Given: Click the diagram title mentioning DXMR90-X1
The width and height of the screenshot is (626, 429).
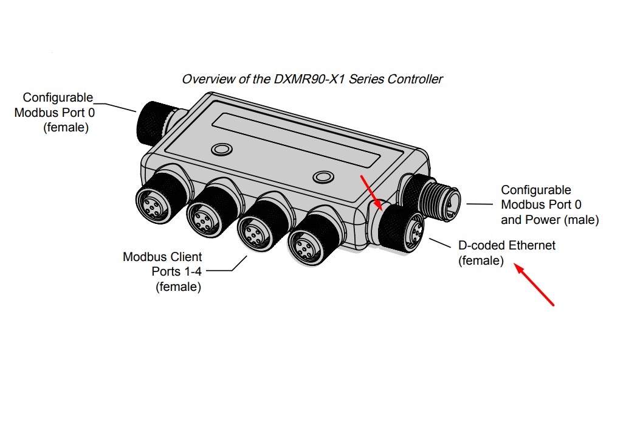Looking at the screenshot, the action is (312, 79).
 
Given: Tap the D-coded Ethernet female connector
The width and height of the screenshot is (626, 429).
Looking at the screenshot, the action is (401, 227).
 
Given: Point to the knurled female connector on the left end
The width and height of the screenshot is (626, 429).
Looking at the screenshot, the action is (153, 120).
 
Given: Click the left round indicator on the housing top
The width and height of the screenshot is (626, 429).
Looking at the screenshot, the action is (222, 150).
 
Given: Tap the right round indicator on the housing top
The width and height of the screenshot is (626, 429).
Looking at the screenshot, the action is (323, 176).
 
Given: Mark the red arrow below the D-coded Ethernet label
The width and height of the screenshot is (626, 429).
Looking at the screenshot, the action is (534, 284).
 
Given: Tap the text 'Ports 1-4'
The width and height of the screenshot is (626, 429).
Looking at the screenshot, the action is (176, 271).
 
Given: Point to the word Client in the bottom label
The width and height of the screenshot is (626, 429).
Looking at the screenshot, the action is (184, 257).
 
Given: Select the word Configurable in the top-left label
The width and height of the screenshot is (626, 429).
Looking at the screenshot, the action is (58, 97).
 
